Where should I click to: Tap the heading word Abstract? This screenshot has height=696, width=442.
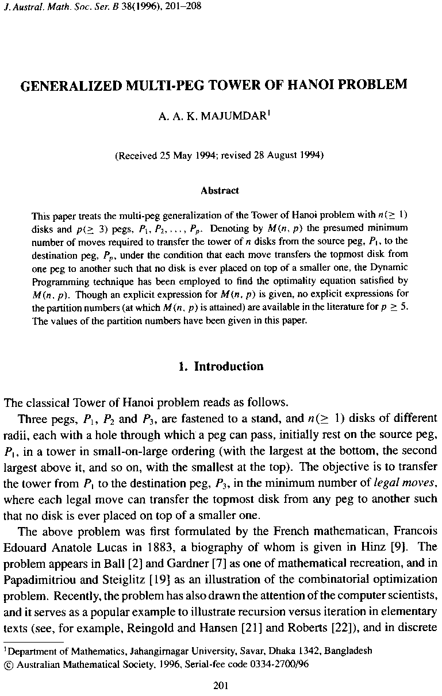tap(220, 190)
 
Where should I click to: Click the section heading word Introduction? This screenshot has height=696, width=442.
tap(229, 367)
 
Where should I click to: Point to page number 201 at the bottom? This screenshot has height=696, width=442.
tap(221, 685)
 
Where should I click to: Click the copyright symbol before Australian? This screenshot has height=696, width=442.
tap(8, 662)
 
